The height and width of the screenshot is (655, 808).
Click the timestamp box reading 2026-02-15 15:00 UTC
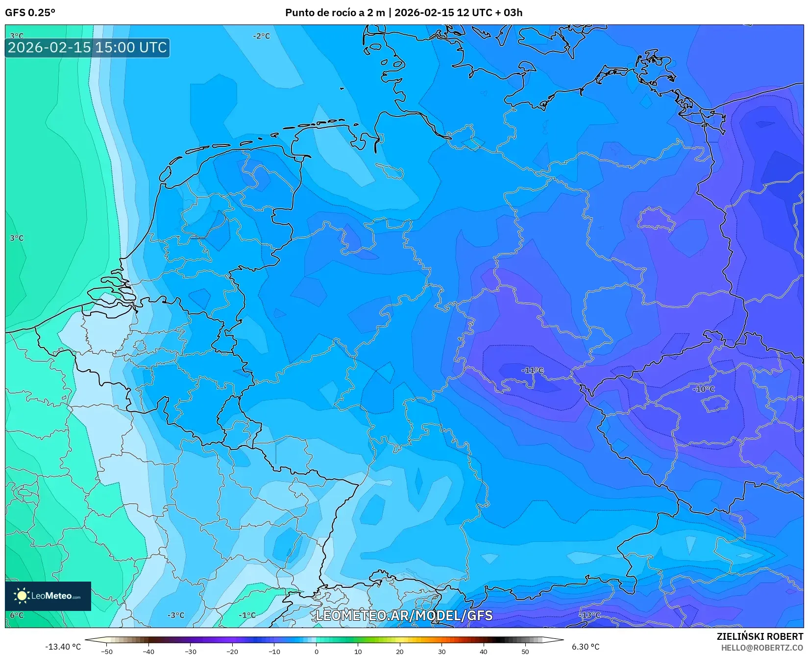coord(87,48)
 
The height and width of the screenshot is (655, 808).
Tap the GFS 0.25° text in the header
coord(30,13)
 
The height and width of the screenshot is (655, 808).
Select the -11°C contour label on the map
coord(532,371)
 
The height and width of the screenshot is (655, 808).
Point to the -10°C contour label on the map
coord(704,389)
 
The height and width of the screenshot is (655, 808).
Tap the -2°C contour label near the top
coord(261,36)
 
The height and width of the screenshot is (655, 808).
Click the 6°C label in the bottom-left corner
coord(16,615)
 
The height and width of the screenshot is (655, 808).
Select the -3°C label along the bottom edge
coord(176,615)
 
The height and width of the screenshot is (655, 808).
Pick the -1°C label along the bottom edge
coord(247,615)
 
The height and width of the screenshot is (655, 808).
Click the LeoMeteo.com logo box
coord(48,596)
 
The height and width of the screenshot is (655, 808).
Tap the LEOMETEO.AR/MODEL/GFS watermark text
coord(404,615)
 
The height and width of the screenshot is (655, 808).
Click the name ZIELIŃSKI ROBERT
coord(760,637)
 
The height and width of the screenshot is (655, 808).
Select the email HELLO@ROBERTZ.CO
coord(762,648)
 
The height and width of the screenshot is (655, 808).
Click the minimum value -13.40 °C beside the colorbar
coord(63,647)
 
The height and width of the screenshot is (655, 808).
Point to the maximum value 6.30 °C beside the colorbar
coord(586,647)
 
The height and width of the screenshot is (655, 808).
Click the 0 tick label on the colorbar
coord(317,652)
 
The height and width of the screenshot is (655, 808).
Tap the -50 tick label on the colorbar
coord(106,652)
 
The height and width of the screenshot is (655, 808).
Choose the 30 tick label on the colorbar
coord(442,652)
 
